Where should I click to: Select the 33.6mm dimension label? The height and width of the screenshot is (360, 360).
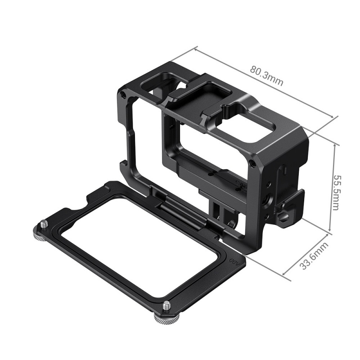(x=315, y=256)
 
